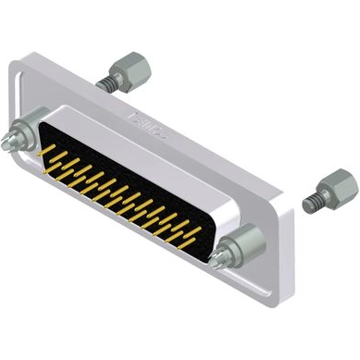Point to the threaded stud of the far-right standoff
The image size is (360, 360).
[312, 200]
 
